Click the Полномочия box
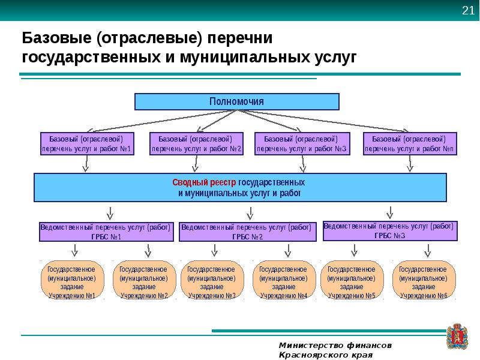pos(236,101)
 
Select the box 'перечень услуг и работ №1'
pos(86,143)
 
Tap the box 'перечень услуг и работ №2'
pos(197,143)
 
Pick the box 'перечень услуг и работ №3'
pos(302,143)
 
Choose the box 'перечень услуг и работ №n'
pos(409,143)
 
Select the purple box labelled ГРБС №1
pos(106,232)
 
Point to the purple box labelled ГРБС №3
pos(390,231)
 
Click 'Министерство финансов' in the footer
pos(335,346)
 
